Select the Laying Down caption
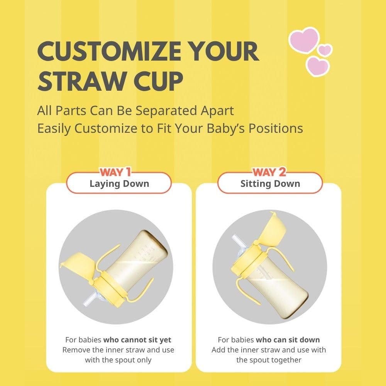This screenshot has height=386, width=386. (119, 183)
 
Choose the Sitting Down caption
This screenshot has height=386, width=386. (270, 183)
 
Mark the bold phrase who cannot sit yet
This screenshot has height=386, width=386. (137, 340)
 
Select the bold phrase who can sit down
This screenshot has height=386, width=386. (288, 340)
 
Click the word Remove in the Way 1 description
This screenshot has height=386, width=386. (76, 350)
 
